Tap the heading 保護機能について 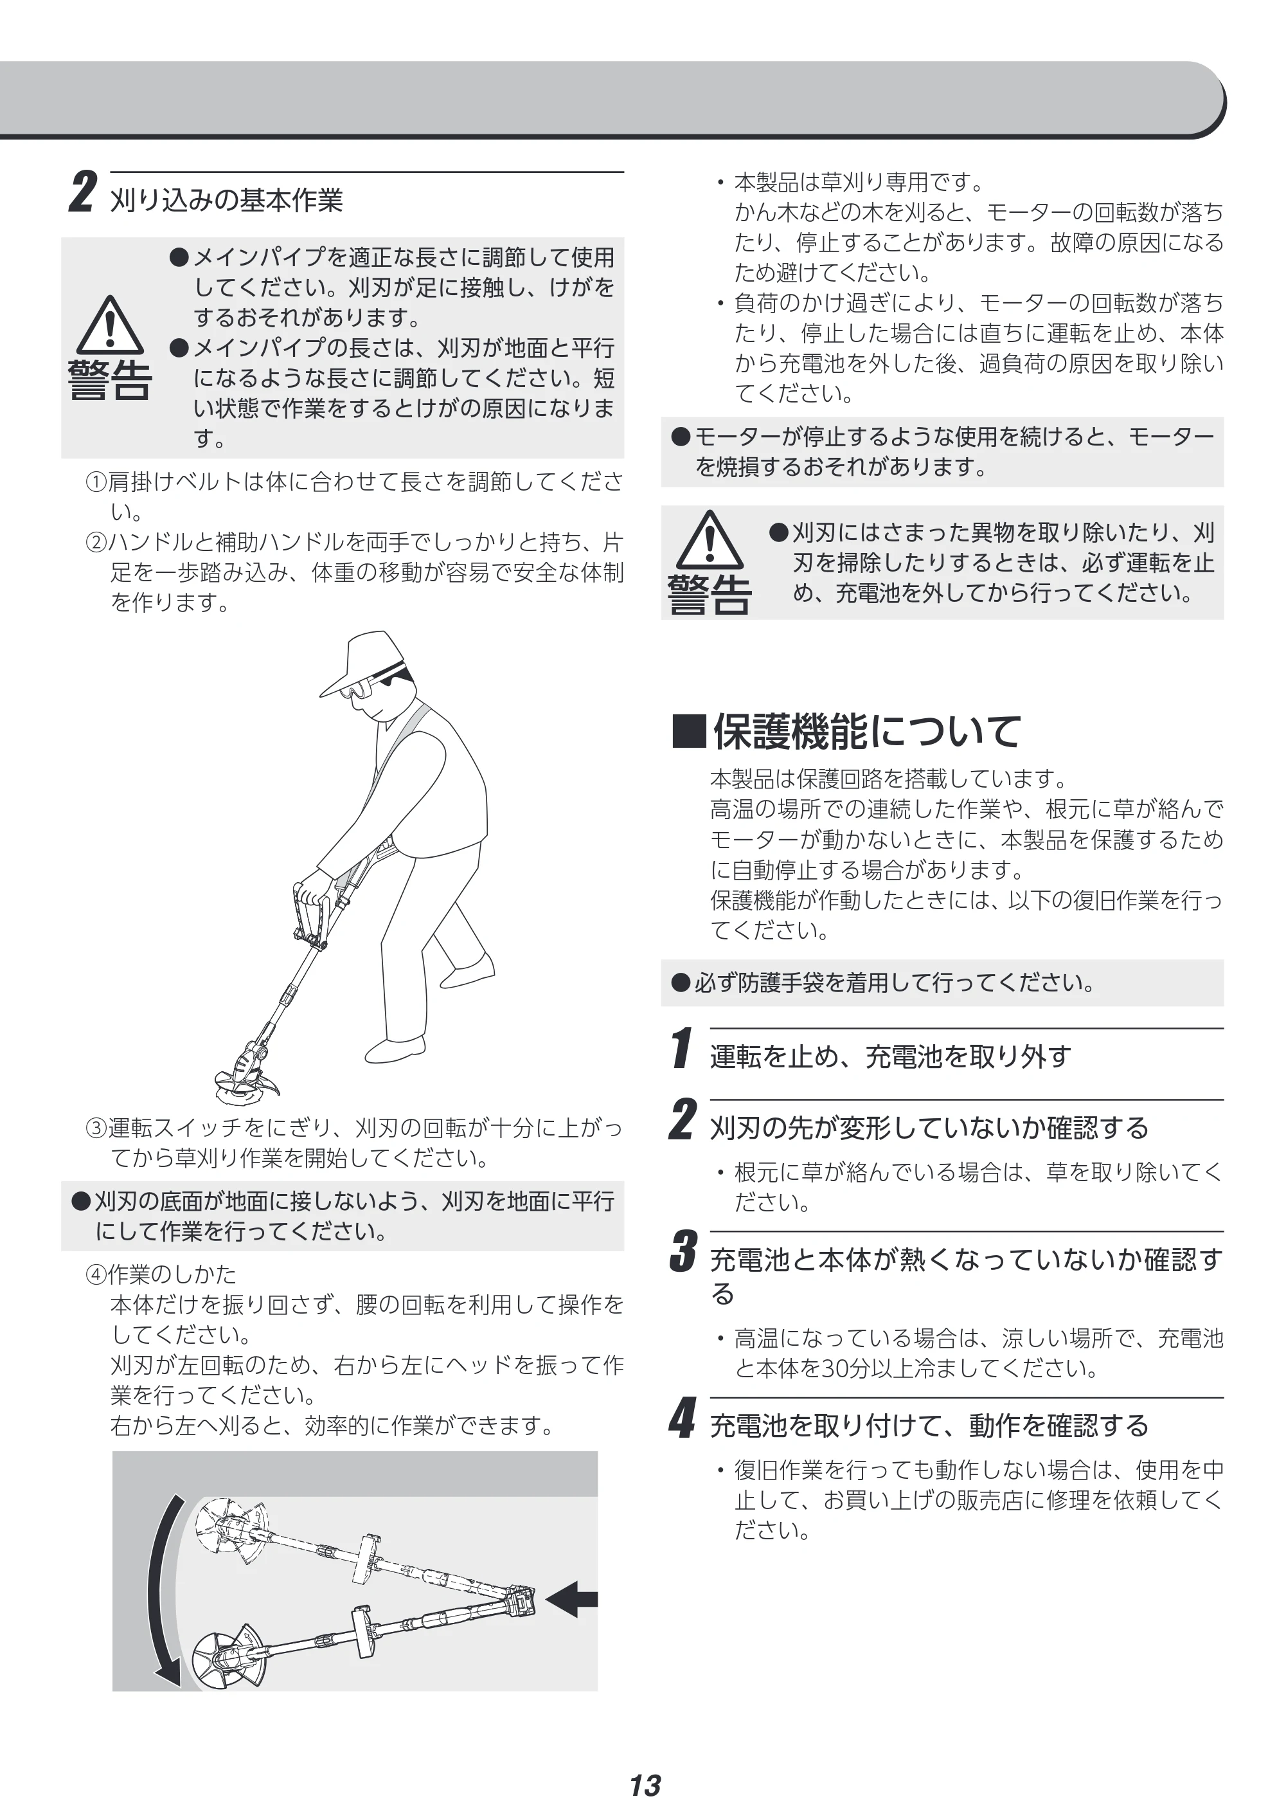(867, 731)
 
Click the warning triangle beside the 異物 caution (710, 539)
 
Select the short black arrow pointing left (572, 1600)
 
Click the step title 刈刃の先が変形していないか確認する (929, 1127)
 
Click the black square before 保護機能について (689, 731)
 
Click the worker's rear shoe (467, 970)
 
